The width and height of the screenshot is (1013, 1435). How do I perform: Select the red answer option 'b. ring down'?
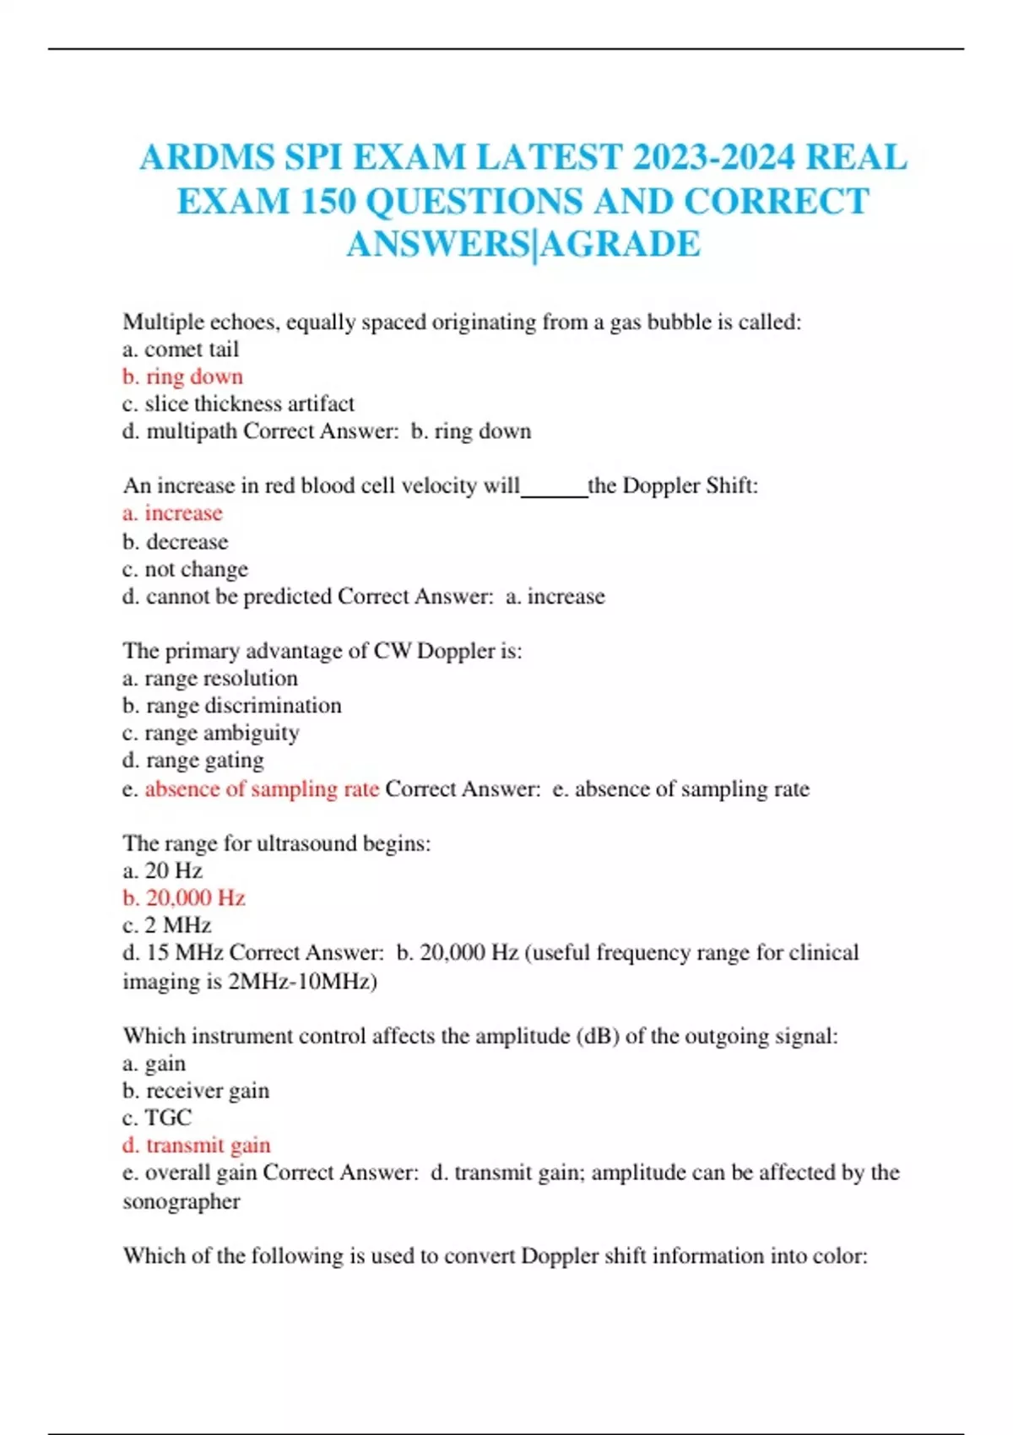coord(182,376)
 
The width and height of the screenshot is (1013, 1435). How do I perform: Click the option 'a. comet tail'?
coord(181,349)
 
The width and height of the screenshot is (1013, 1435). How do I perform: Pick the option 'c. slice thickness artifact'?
coord(238,403)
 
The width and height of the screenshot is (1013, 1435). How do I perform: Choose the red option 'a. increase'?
coord(172,513)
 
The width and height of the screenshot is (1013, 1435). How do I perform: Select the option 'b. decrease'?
coord(176,541)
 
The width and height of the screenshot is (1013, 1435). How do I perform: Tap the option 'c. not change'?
coord(185,569)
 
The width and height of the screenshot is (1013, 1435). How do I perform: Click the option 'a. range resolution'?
coord(210,678)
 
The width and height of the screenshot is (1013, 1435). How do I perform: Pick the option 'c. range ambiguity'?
coord(211,733)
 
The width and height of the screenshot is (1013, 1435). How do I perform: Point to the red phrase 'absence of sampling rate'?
coord(262,788)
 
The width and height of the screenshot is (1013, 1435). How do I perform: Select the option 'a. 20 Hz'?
coord(162,870)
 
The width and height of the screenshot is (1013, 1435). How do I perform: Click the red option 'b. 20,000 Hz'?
coord(184,897)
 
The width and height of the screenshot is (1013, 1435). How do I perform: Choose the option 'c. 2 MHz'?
coord(167,925)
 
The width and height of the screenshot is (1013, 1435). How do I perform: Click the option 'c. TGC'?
coord(157,1118)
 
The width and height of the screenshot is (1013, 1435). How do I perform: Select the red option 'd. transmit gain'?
coord(197,1145)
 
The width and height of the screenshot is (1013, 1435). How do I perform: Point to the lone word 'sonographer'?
coord(181,1201)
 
